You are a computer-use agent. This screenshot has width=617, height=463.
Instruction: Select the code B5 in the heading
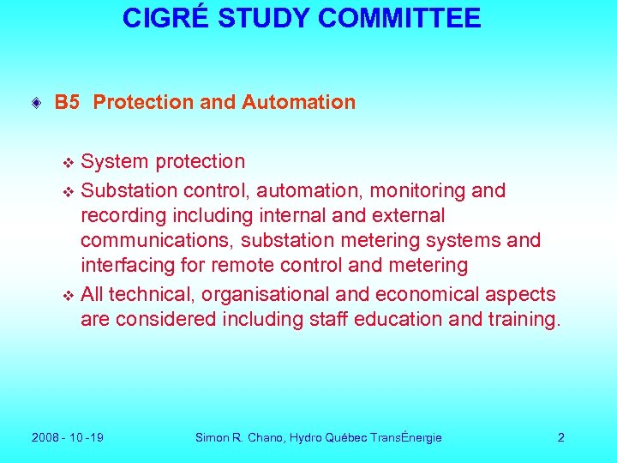[x=67, y=103]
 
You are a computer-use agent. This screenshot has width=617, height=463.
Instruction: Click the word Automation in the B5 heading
[x=298, y=103]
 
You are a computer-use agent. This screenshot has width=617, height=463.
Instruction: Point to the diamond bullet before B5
[x=35, y=104]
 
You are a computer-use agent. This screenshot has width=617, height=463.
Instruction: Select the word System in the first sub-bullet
[x=111, y=161]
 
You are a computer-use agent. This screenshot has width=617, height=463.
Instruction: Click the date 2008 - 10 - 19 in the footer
[x=68, y=437]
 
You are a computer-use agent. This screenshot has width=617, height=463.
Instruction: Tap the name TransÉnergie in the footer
[x=406, y=437]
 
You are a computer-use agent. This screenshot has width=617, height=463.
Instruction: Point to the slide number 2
[x=560, y=437]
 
